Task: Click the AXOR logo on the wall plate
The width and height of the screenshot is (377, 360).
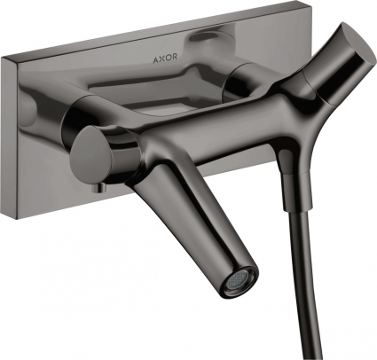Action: coord(165,57)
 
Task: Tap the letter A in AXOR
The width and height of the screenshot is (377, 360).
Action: coord(155,57)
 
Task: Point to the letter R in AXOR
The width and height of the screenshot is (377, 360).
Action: coord(175,56)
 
